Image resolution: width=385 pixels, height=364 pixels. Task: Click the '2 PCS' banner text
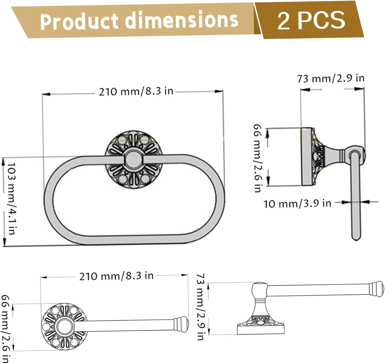point(311,20)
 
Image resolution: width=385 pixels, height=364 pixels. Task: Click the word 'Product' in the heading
point(79,21)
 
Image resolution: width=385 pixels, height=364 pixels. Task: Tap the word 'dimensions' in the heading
point(181,19)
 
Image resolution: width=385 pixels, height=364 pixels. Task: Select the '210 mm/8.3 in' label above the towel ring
point(136,91)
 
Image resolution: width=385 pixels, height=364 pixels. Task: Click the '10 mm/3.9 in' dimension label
point(297,204)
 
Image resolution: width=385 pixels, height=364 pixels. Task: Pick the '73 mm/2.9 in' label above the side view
point(331,78)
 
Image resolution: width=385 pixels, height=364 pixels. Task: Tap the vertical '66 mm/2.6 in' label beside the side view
point(257,158)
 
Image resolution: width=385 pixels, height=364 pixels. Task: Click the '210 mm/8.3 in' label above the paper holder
point(116,276)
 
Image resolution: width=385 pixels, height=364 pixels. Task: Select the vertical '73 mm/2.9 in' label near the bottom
point(201,307)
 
